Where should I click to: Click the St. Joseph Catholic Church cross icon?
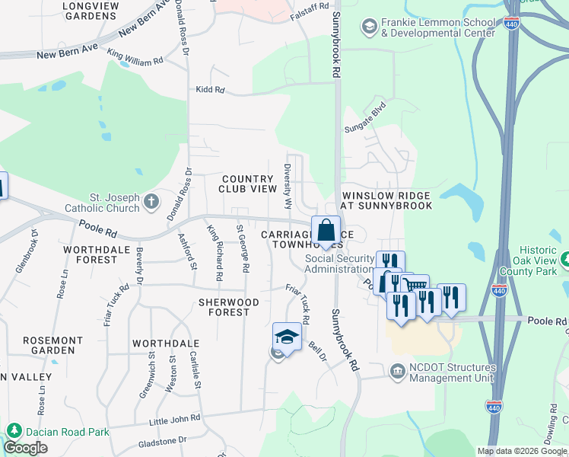(x=151, y=202)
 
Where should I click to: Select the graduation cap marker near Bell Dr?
(x=287, y=337)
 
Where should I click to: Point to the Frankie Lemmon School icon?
(x=369, y=28)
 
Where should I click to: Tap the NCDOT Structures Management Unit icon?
(x=397, y=372)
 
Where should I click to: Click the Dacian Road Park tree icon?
(x=12, y=432)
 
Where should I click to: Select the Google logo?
(x=26, y=448)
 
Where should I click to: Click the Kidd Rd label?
(x=210, y=90)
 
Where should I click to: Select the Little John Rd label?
(x=175, y=418)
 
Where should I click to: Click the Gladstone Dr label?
(x=161, y=441)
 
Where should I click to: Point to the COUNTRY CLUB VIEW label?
(x=247, y=184)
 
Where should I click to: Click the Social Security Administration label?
(x=340, y=264)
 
